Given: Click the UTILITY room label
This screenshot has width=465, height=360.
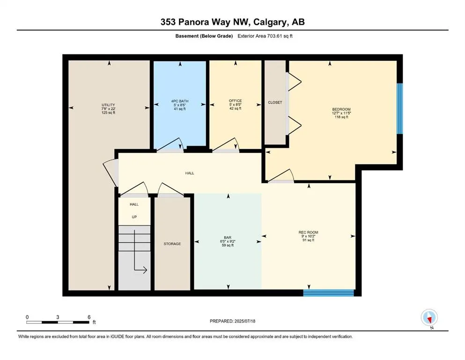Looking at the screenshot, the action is point(108,105).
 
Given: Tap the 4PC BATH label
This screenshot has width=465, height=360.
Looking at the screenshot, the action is point(180,101).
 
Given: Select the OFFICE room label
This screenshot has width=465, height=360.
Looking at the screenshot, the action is point(235,101).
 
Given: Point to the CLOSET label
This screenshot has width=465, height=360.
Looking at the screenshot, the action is point(275,102).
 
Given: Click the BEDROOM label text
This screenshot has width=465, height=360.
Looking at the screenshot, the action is point(341,109).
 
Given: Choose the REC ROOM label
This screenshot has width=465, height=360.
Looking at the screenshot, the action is point(308,232).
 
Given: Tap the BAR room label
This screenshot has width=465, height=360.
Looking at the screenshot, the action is point(228,238).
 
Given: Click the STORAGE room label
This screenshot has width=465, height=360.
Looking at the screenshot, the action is point(172,244).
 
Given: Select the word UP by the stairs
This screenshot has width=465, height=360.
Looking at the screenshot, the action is point(134,217).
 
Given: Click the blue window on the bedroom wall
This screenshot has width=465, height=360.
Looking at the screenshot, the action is point(400,109).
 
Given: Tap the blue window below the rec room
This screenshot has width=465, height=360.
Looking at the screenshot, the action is point(329,293).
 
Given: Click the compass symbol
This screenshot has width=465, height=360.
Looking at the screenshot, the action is point(429,318).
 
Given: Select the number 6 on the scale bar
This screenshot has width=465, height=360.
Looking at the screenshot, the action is point(89,317).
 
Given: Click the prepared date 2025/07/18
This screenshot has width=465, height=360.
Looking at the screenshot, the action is point(244,321).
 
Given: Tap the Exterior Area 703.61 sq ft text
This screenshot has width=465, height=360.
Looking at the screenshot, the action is point(265,36).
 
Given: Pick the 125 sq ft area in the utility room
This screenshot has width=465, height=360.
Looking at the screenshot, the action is point(108,113).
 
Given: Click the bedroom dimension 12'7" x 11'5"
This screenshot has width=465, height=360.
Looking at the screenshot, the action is point(341,113).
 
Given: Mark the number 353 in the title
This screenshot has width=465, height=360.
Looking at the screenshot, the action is point(168,22).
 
